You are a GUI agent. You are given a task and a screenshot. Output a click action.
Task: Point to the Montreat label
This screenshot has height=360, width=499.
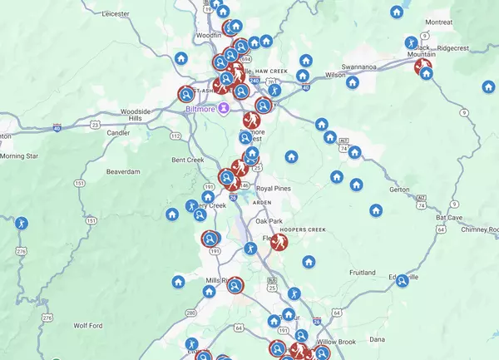pos(438,22)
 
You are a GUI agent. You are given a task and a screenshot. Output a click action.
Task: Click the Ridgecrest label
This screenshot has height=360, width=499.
pos(453,48)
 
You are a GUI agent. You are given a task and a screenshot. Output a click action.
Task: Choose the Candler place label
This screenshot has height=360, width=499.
pos(119,132)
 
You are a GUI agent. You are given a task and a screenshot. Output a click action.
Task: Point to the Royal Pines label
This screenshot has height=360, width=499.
pos(274,189)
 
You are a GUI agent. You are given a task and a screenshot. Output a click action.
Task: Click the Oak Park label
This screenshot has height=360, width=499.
pos(269,221)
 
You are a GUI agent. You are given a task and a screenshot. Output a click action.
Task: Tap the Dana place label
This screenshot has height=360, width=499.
pos(378,339)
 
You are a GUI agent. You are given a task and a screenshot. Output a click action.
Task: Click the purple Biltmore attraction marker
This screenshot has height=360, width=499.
pos(224,109)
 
